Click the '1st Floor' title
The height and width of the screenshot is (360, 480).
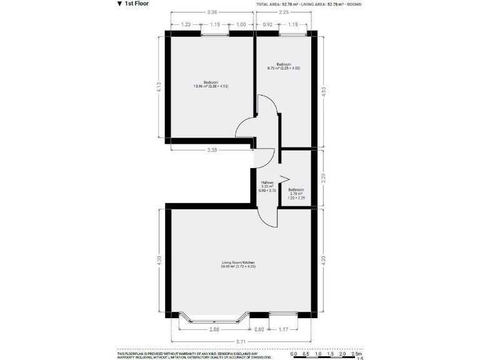(x=136, y=4)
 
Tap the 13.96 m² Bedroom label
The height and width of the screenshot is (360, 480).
(x=210, y=84)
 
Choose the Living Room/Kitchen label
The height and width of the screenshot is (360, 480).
(x=238, y=264)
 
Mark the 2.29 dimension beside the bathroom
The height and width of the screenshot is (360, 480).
(x=322, y=178)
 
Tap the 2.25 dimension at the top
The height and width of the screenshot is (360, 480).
(x=284, y=11)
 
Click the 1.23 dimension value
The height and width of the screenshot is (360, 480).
(x=186, y=24)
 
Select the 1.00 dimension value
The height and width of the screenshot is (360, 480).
(x=241, y=24)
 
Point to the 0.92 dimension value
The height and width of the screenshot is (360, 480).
(x=268, y=24)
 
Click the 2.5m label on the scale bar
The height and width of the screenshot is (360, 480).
(x=357, y=354)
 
